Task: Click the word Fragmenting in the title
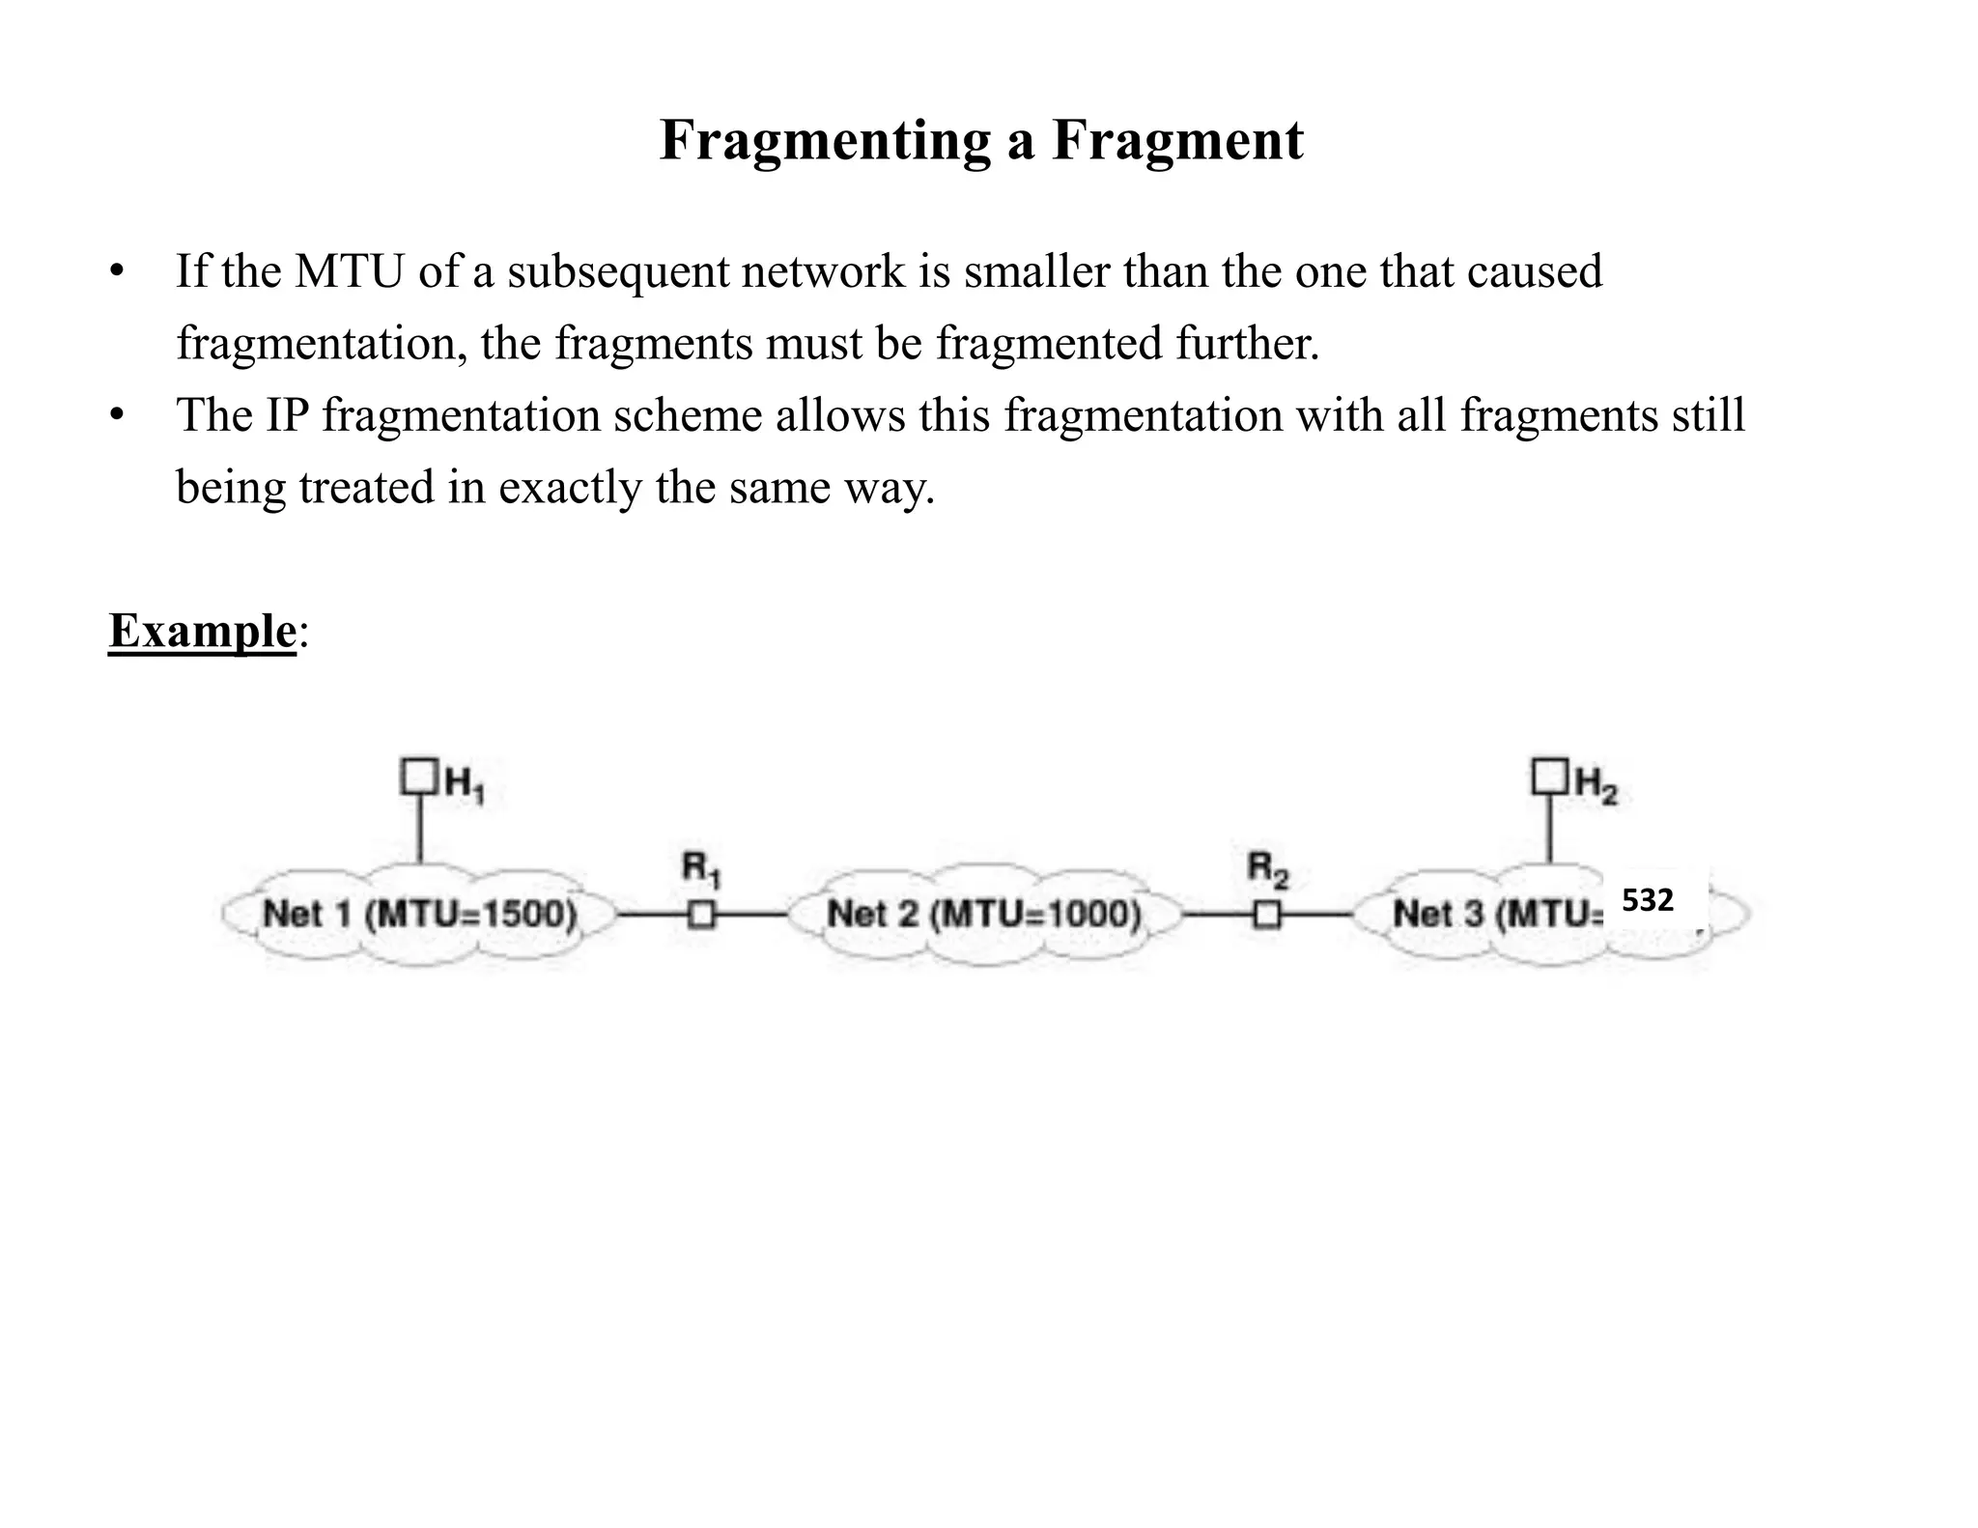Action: pos(825,140)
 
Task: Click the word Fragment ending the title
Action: pos(1177,140)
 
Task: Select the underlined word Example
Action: pos(202,631)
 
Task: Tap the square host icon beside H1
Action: pos(418,777)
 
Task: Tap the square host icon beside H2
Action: pos(1549,777)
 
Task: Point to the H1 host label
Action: pos(465,783)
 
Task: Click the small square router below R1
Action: pos(702,914)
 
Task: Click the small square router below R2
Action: pos(1267,914)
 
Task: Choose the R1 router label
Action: pos(701,869)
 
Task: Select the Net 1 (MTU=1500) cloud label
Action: pos(419,914)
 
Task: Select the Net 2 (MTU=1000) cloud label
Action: pos(984,914)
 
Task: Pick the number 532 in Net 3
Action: pos(1647,900)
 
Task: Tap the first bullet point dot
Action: pos(117,272)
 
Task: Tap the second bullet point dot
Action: pos(117,416)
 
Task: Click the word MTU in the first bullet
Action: pos(349,271)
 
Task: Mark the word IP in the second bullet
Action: pos(285,415)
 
